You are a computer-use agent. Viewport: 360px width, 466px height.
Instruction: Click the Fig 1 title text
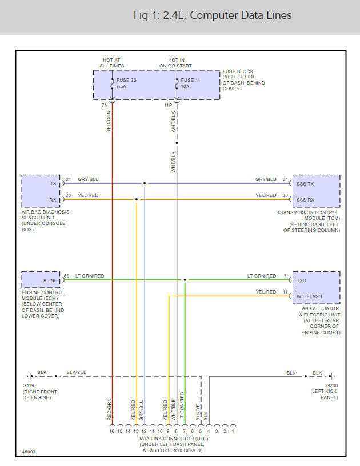click(212, 15)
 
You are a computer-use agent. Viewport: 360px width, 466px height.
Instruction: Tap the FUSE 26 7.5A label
click(126, 83)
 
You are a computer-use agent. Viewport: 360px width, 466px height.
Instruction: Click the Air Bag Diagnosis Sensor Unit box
click(42, 191)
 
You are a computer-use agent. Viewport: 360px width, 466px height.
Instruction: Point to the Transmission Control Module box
click(316, 191)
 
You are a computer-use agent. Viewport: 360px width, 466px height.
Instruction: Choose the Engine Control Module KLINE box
click(42, 280)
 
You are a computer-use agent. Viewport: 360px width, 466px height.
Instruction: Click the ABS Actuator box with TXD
click(316, 288)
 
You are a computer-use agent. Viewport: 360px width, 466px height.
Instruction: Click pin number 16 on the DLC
click(112, 431)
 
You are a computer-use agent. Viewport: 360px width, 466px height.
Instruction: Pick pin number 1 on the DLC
click(233, 431)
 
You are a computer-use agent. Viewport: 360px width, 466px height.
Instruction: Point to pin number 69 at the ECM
click(66, 276)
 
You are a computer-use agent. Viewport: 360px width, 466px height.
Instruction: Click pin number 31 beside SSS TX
click(285, 180)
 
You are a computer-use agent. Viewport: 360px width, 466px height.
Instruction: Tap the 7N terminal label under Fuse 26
click(105, 106)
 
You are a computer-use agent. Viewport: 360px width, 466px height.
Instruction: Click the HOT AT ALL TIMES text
click(111, 62)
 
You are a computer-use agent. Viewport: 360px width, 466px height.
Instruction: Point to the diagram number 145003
click(27, 451)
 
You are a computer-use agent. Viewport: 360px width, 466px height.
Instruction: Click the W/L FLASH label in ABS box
click(309, 296)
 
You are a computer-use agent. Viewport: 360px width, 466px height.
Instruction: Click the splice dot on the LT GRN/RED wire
click(185, 280)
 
